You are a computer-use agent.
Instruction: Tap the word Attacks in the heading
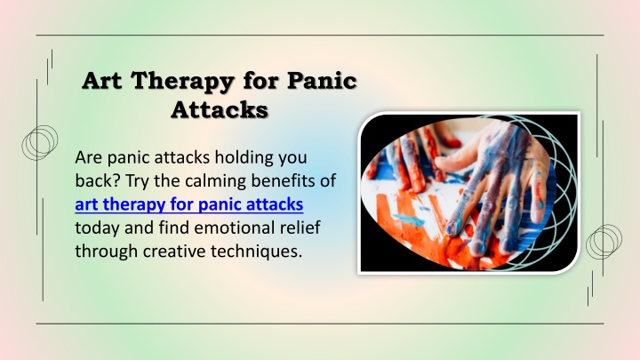pyautogui.click(x=220, y=109)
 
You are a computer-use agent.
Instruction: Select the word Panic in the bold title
pyautogui.click(x=322, y=80)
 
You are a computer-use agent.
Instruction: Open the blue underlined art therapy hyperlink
pyautogui.click(x=189, y=204)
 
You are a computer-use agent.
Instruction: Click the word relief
pyautogui.click(x=300, y=228)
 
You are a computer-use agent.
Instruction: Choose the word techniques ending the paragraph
pyautogui.click(x=256, y=252)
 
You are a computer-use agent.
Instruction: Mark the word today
pyautogui.click(x=97, y=228)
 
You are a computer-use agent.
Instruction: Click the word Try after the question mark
pyautogui.click(x=137, y=181)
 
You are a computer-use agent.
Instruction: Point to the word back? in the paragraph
pyautogui.click(x=98, y=180)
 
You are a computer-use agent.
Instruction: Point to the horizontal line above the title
pyautogui.click(x=320, y=35)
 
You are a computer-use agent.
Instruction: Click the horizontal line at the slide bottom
pyautogui.click(x=320, y=324)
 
